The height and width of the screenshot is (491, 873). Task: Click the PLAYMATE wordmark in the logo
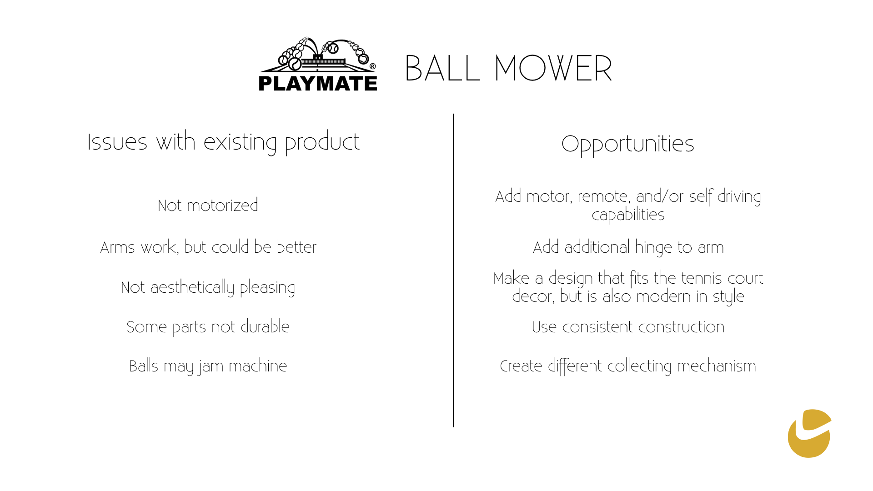[318, 84]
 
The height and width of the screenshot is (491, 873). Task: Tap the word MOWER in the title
[553, 69]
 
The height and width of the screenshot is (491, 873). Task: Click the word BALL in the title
[442, 69]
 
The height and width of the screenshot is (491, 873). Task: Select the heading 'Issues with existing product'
[223, 142]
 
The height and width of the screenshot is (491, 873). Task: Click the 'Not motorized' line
[208, 205]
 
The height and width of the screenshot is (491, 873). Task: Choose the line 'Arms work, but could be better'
[208, 247]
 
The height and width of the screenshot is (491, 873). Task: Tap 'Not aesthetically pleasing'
[208, 288]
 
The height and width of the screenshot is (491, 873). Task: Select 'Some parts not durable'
[208, 327]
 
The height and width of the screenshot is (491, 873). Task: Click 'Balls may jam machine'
[208, 366]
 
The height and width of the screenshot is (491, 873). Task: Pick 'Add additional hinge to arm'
[628, 247]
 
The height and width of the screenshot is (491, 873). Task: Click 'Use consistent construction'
[628, 327]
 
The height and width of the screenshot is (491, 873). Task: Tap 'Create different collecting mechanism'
[628, 366]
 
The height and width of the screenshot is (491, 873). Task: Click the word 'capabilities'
[628, 215]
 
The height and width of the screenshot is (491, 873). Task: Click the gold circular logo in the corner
[809, 433]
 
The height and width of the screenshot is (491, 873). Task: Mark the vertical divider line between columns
[453, 271]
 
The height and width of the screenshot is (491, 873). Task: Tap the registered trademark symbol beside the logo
[373, 66]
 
